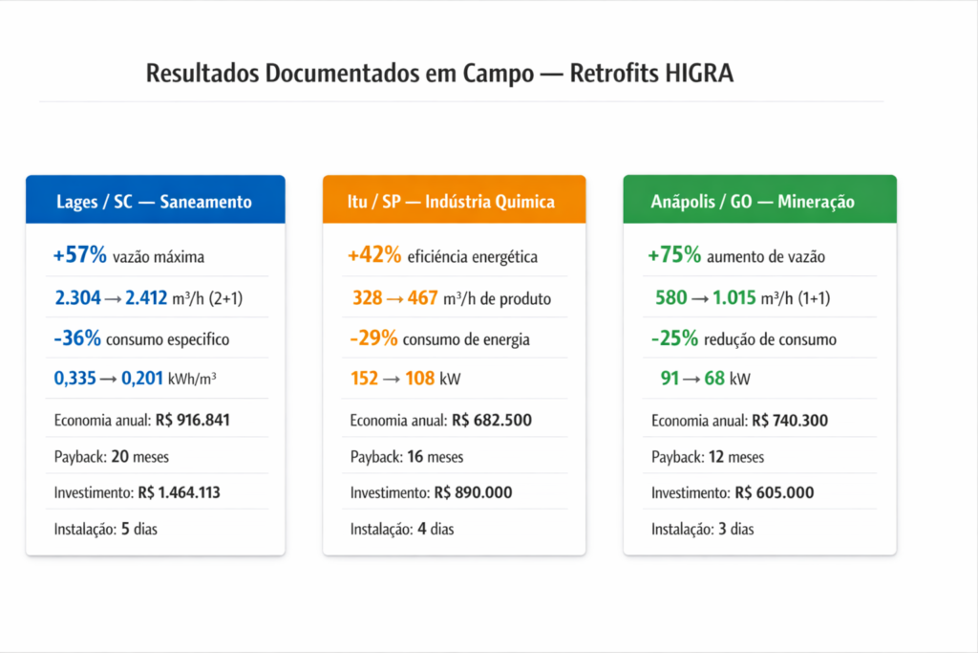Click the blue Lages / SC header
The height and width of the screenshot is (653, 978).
(155, 201)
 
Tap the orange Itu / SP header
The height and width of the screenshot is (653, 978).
(454, 201)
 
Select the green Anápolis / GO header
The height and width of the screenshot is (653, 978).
(759, 201)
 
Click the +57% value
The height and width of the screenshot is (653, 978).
(81, 256)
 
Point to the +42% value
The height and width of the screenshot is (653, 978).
(374, 256)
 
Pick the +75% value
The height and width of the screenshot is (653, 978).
(674, 256)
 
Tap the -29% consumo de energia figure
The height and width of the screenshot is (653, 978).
(373, 339)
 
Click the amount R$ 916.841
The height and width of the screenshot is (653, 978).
(192, 421)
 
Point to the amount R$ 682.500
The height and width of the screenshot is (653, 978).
(491, 421)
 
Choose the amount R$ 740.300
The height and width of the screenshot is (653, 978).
(792, 421)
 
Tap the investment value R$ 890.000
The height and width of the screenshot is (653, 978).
(473, 493)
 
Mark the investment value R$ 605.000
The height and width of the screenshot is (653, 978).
(774, 493)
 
